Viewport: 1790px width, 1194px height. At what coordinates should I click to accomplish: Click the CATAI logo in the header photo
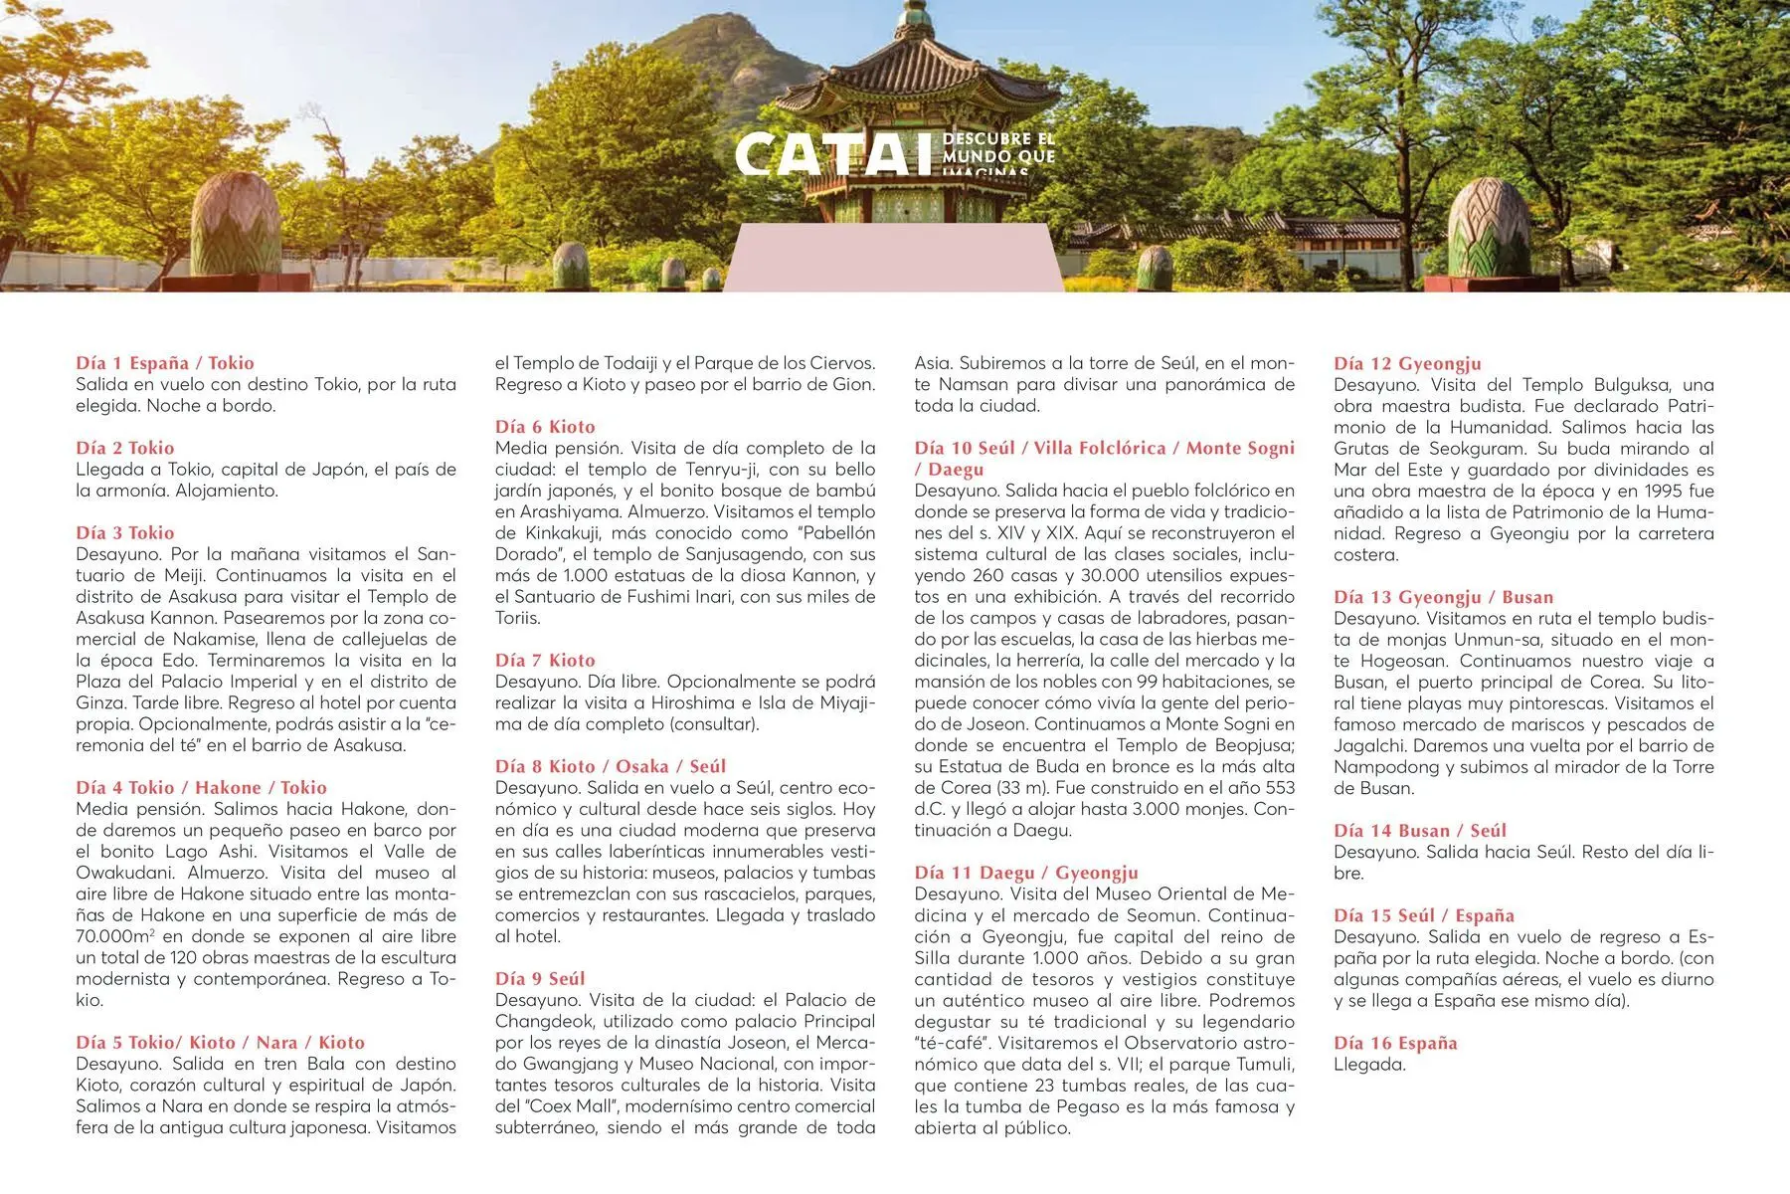pos(835,155)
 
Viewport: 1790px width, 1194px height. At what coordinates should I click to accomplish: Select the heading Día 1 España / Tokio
pos(165,363)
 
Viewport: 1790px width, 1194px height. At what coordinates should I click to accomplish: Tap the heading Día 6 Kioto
pos(545,427)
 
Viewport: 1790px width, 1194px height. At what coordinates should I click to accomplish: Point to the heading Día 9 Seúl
pos(540,978)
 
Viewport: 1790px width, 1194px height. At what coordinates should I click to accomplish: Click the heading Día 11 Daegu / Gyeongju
pos(1026,873)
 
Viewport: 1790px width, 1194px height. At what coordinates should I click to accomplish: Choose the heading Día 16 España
pos(1395,1043)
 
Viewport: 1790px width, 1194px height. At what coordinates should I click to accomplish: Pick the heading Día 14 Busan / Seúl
pos(1420,830)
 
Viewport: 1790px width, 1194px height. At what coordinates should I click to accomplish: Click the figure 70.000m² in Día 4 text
pos(114,936)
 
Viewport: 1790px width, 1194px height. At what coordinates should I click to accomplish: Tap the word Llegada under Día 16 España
pos(1369,1064)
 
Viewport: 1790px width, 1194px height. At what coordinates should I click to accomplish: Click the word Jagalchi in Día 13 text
pos(1368,745)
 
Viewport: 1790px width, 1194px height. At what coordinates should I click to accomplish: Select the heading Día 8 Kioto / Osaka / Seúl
pos(611,766)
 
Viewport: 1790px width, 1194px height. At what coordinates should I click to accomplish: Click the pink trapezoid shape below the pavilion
pos(893,258)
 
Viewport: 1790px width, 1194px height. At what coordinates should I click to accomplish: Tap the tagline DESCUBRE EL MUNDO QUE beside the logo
pos(997,147)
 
